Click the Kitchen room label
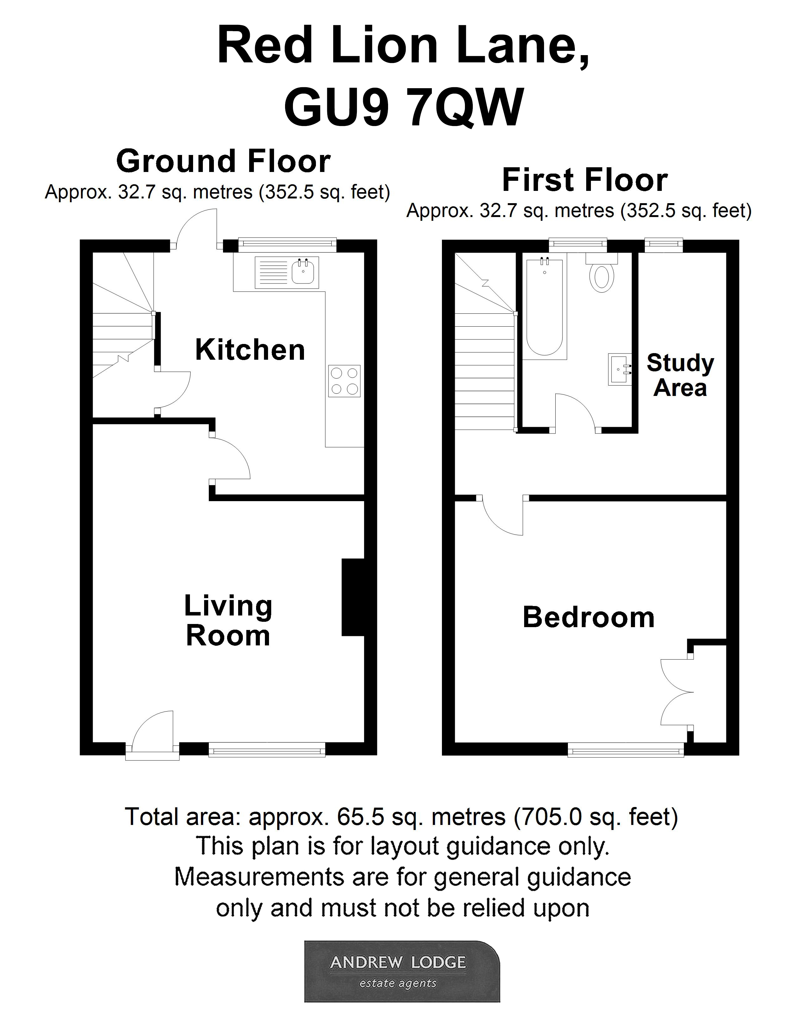point(250,350)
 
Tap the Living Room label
point(228,621)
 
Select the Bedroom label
point(588,617)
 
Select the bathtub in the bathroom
point(544,307)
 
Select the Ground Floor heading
point(223,162)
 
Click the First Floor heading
point(585,180)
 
